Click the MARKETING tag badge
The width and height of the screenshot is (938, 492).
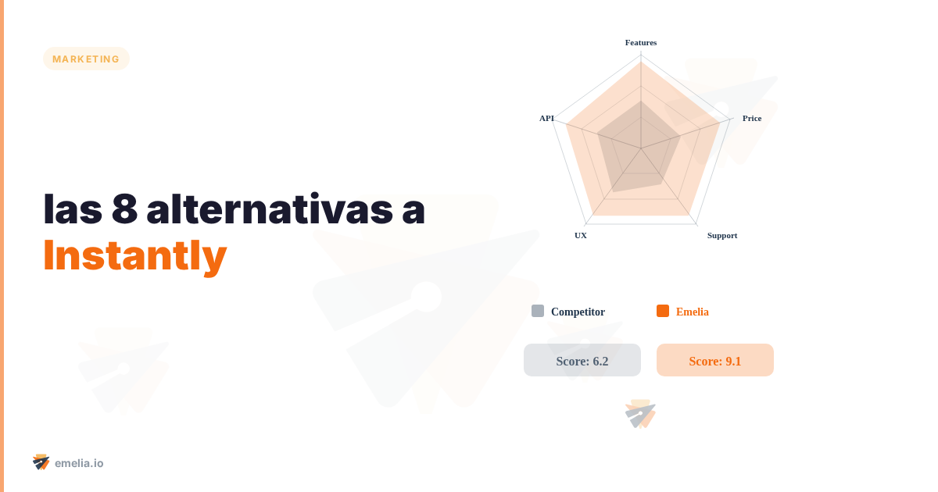pyautogui.click(x=86, y=59)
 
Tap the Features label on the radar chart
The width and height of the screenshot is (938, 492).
pyautogui.click(x=641, y=42)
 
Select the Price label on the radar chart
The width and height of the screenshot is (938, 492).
pyautogui.click(x=751, y=118)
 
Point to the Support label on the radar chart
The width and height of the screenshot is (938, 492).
pyautogui.click(x=721, y=235)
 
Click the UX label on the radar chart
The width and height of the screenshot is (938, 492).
pyautogui.click(x=581, y=235)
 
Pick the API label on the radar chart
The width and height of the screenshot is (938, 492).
pyautogui.click(x=546, y=118)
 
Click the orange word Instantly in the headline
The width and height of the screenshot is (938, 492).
pyautogui.click(x=135, y=255)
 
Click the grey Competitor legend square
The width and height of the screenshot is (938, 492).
pyautogui.click(x=538, y=311)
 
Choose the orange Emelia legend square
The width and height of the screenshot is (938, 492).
pyautogui.click(x=663, y=311)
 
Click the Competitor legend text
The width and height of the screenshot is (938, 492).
pyautogui.click(x=578, y=312)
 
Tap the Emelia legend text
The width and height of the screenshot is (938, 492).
pyautogui.click(x=692, y=312)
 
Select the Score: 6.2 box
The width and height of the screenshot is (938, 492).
pyautogui.click(x=582, y=360)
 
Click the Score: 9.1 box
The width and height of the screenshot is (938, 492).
pyautogui.click(x=715, y=360)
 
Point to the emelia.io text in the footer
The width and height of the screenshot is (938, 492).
pyautogui.click(x=79, y=463)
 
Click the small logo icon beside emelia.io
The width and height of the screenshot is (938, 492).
pyautogui.click(x=41, y=462)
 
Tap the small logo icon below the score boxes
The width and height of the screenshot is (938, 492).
pyautogui.click(x=640, y=414)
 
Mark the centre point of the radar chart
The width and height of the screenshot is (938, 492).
pyautogui.click(x=641, y=148)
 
